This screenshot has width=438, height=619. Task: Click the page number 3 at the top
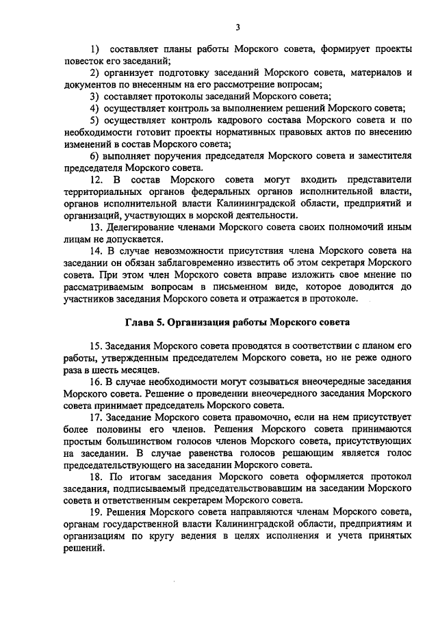pyautogui.click(x=237, y=27)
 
